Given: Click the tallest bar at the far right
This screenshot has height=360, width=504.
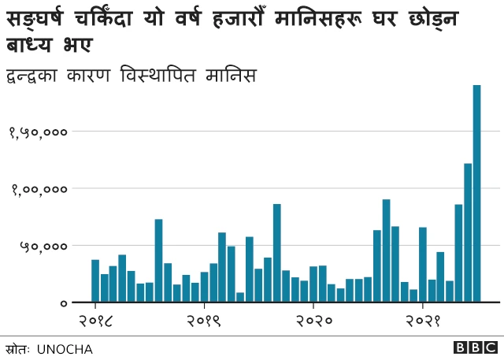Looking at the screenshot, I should point(476,194).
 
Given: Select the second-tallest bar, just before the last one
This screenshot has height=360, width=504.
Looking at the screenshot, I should point(468,233).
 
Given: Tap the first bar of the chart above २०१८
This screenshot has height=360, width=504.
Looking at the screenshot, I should point(95,281).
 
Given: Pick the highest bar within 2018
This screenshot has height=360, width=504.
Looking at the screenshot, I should point(158,261).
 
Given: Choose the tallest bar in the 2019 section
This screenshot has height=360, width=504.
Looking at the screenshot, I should point(277,253).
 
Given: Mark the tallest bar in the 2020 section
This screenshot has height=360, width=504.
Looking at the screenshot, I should point(386,251).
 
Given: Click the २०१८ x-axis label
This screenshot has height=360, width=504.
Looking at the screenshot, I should point(95,321).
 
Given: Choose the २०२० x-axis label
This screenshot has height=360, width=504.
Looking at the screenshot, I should point(313,321).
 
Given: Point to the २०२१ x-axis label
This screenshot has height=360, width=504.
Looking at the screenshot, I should point(423,321).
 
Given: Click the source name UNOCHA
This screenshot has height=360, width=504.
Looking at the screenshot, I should point(65,348).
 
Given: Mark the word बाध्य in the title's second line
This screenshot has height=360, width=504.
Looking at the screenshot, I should point(32,43).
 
